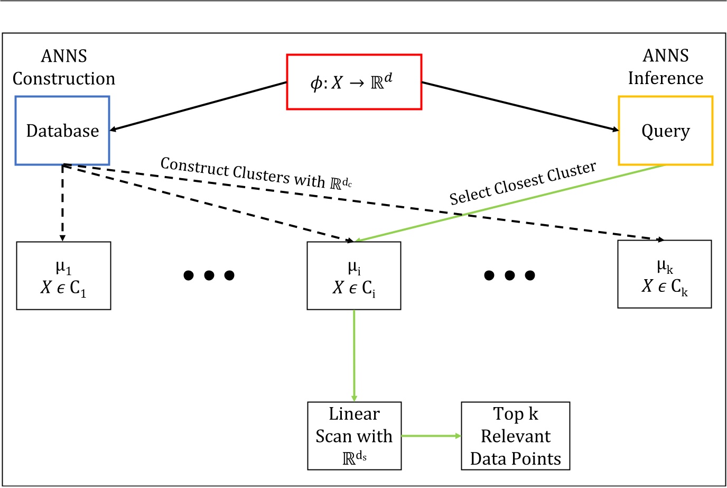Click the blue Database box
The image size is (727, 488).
point(62,131)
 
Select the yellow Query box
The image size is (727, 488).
point(665,131)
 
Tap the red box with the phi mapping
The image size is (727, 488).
point(354,82)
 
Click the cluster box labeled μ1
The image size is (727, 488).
point(63,275)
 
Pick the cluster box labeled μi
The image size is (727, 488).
point(354,275)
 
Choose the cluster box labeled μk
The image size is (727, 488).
point(664,274)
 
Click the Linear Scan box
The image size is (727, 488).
point(354,436)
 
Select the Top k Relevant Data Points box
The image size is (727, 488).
point(515,436)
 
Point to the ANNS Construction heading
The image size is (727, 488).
point(63,67)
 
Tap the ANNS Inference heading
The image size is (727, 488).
point(665,67)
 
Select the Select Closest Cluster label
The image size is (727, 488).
point(523,183)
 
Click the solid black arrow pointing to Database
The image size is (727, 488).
point(198,106)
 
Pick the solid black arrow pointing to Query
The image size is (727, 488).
point(520,106)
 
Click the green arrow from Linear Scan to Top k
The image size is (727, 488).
point(431,436)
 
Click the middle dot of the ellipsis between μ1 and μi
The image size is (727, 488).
point(209,275)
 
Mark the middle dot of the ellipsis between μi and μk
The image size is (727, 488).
point(510,275)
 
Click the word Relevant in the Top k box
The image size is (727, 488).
point(516,436)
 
